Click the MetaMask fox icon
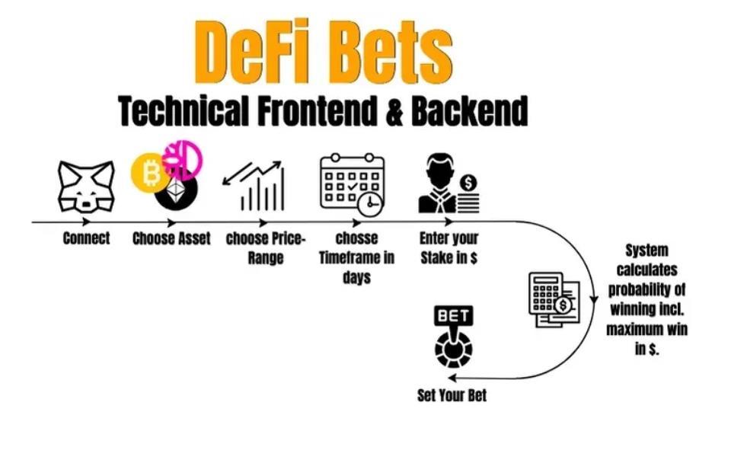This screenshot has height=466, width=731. (86, 187)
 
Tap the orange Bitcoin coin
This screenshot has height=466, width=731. (152, 174)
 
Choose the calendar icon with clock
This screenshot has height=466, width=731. (352, 183)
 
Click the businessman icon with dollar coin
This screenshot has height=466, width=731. (448, 184)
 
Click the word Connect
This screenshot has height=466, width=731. (86, 238)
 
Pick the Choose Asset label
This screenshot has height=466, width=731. (171, 238)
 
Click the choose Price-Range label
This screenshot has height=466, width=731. (266, 248)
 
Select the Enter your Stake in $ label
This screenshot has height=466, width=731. (448, 248)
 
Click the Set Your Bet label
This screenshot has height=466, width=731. (452, 395)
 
